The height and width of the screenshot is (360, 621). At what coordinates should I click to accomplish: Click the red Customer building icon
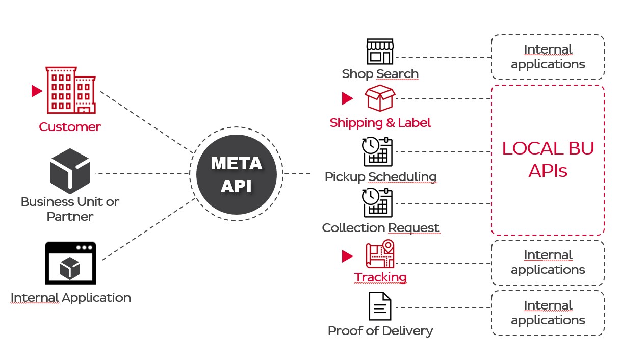click(70, 90)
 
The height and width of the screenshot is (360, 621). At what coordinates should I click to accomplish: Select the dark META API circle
click(236, 174)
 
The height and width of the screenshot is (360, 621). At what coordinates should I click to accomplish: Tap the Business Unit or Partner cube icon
click(70, 168)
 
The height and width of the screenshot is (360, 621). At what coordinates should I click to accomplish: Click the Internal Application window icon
click(70, 263)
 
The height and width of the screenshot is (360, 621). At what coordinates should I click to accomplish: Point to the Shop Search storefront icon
click(380, 51)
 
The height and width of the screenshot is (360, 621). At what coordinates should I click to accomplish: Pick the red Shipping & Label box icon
click(380, 98)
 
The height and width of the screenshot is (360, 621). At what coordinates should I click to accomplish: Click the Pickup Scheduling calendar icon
click(378, 151)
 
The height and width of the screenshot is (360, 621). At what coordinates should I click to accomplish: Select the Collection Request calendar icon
click(378, 203)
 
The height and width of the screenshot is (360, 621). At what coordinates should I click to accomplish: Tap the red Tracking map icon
click(380, 254)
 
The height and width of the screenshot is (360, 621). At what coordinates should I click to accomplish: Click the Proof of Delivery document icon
click(380, 306)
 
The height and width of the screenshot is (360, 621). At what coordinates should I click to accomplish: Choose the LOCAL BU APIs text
click(548, 159)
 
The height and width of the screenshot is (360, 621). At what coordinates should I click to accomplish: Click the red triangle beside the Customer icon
click(37, 91)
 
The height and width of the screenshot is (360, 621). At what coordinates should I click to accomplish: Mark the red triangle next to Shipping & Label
click(347, 98)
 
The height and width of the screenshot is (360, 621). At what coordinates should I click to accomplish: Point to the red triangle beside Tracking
click(347, 256)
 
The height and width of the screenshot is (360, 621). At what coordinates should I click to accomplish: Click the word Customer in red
click(70, 127)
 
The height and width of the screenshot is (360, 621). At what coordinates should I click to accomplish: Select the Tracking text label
click(380, 277)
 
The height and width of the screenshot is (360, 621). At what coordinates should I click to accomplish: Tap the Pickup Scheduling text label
click(380, 177)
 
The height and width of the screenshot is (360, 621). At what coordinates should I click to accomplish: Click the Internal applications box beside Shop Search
click(548, 57)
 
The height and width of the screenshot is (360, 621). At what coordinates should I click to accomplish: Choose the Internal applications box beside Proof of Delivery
click(548, 313)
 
